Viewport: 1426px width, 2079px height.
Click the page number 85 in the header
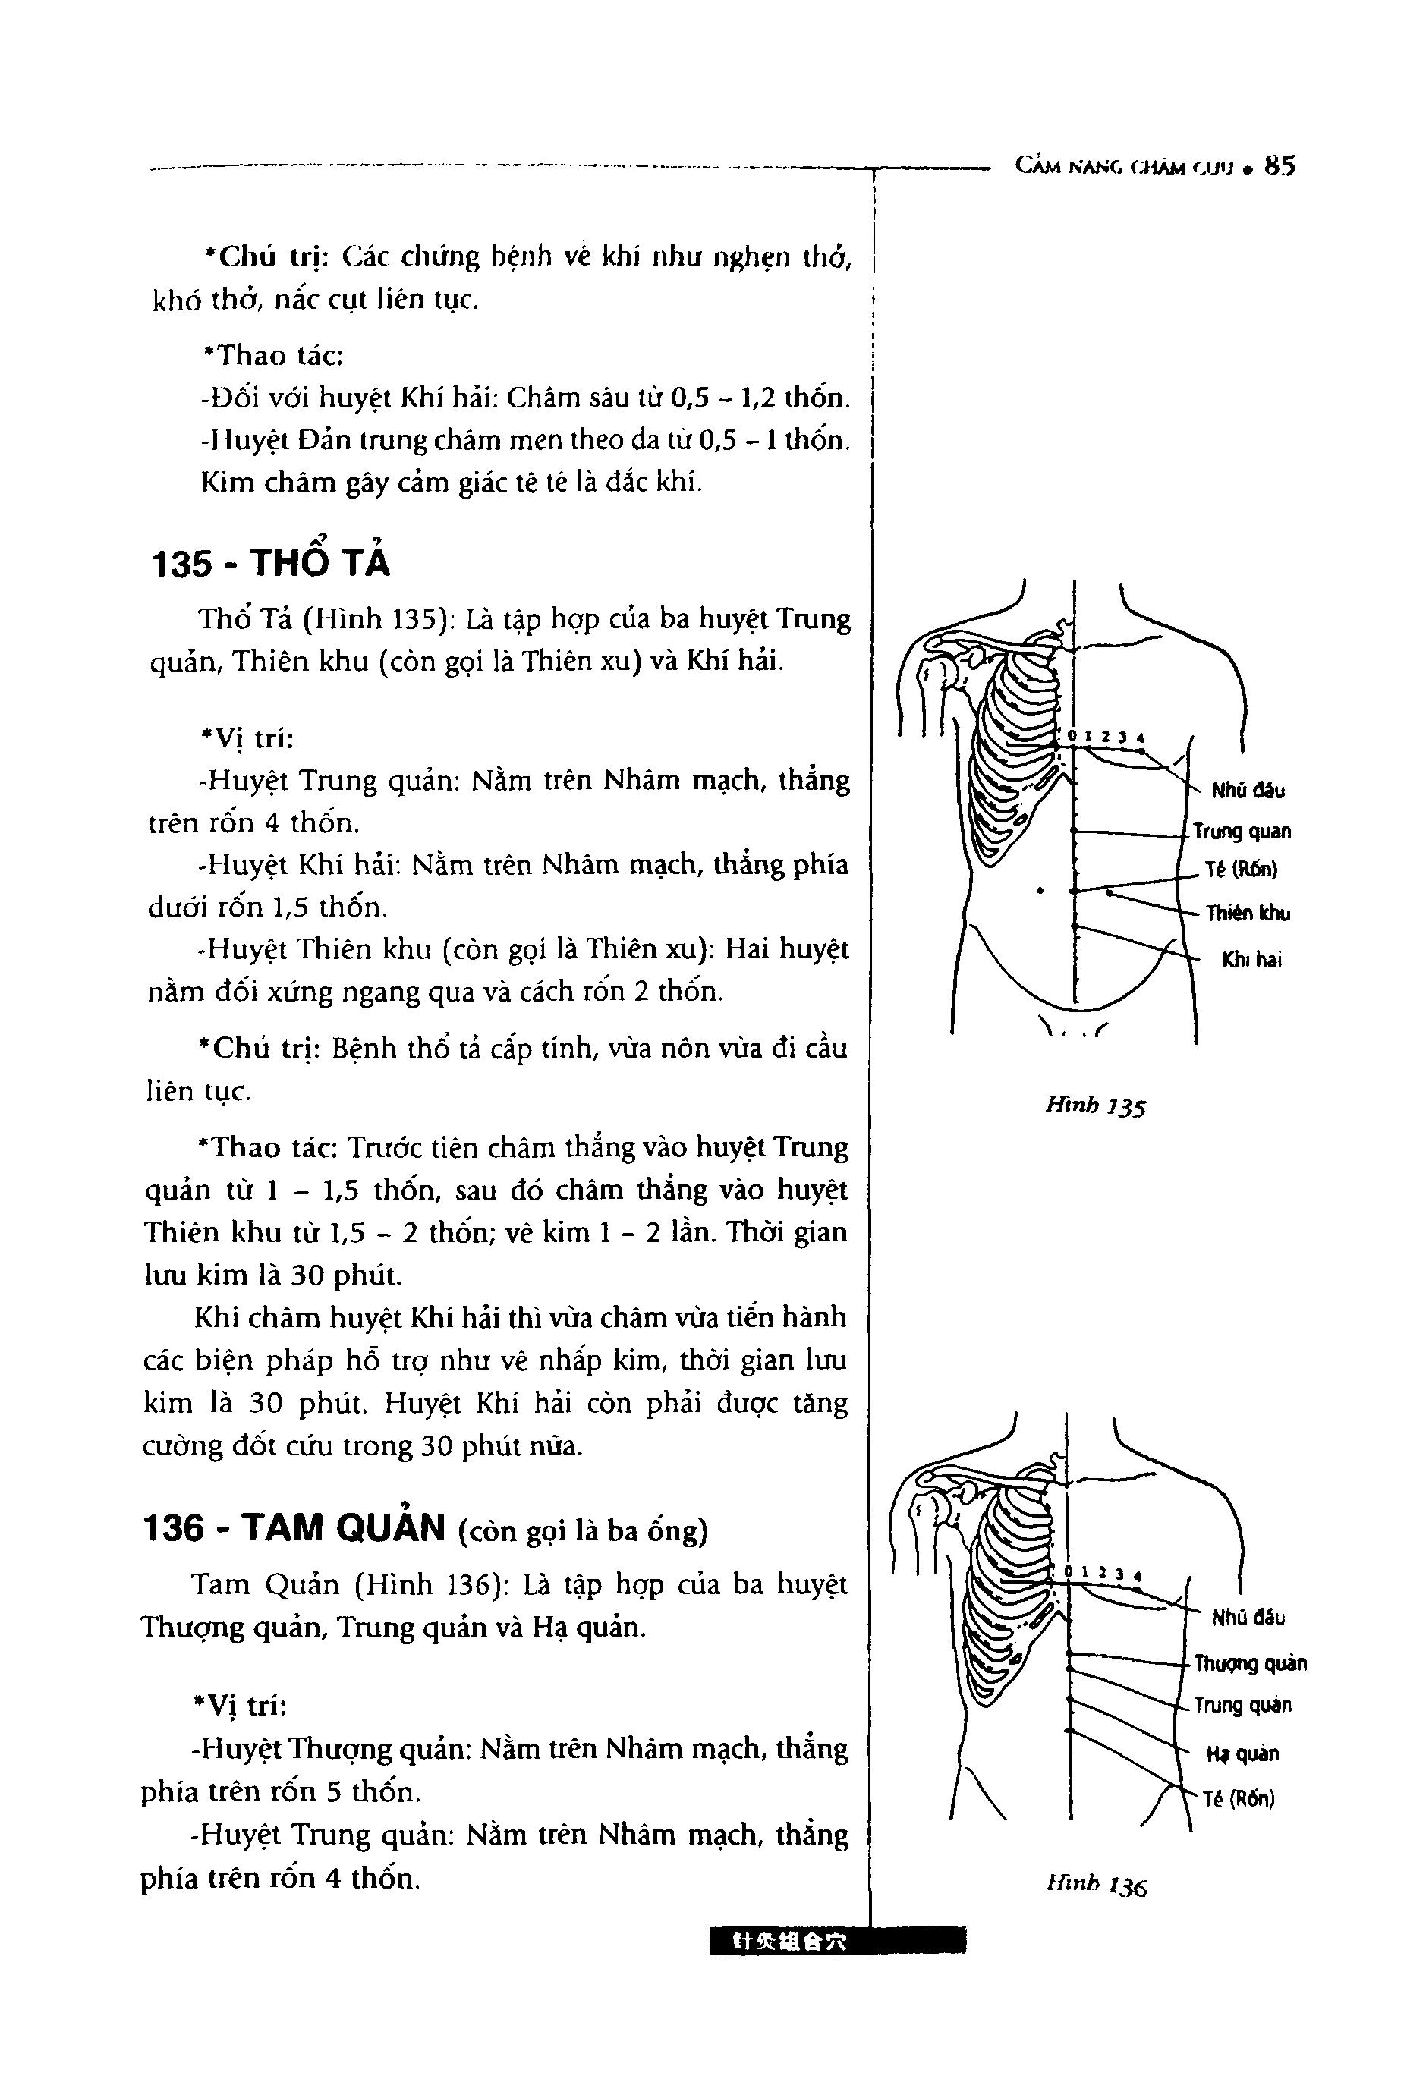pyautogui.click(x=1280, y=166)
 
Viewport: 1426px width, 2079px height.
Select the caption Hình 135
pyautogui.click(x=1095, y=1106)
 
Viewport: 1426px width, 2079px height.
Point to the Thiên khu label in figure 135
pyautogui.click(x=1248, y=914)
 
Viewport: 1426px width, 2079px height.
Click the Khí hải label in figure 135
pyautogui.click(x=1251, y=960)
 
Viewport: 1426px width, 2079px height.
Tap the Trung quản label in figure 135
pyautogui.click(x=1242, y=831)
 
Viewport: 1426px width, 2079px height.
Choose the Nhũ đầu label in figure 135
pyautogui.click(x=1248, y=790)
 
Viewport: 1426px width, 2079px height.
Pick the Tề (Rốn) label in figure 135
pyautogui.click(x=1242, y=869)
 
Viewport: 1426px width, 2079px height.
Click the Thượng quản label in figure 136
pyautogui.click(x=1251, y=1663)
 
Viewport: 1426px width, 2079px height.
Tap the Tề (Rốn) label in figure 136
pyautogui.click(x=1239, y=1799)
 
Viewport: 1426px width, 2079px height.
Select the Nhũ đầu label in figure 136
pyautogui.click(x=1248, y=1616)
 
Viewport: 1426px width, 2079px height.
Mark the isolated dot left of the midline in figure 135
pyautogui.click(x=1040, y=890)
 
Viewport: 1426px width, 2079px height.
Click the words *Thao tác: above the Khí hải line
pyautogui.click(x=274, y=355)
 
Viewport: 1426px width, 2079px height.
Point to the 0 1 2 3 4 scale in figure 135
pyautogui.click(x=1106, y=737)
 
